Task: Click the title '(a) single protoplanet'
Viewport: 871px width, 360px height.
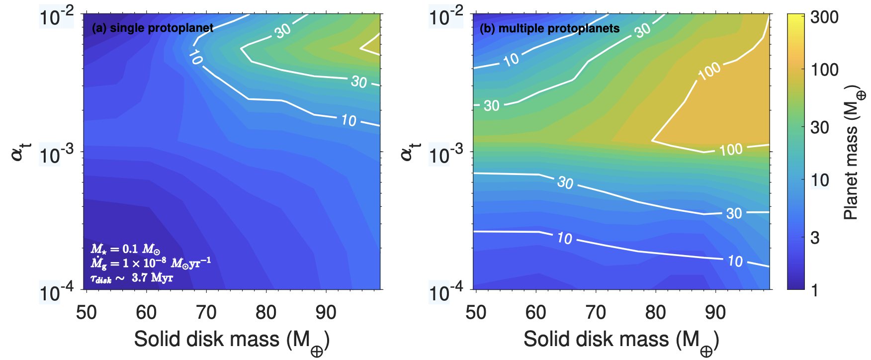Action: click(153, 28)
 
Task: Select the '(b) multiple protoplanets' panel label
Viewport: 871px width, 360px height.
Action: click(549, 28)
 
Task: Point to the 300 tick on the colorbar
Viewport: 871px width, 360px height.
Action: click(824, 17)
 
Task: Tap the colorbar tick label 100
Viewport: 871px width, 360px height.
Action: click(824, 70)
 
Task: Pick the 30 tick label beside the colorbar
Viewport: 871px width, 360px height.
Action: click(820, 127)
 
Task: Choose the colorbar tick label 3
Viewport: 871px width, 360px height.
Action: click(815, 238)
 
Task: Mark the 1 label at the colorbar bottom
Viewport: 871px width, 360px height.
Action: click(814, 290)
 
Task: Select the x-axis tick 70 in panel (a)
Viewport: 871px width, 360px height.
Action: click(206, 312)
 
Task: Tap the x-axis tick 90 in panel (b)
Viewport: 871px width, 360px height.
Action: click(715, 312)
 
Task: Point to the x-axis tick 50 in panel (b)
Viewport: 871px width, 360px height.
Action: click(476, 312)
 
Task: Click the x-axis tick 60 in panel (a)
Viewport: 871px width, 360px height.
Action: click(146, 312)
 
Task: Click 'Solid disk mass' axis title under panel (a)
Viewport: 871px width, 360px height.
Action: click(232, 340)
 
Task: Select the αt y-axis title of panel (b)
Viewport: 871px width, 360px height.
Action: click(409, 151)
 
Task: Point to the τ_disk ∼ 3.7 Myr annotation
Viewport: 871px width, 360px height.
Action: click(132, 278)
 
